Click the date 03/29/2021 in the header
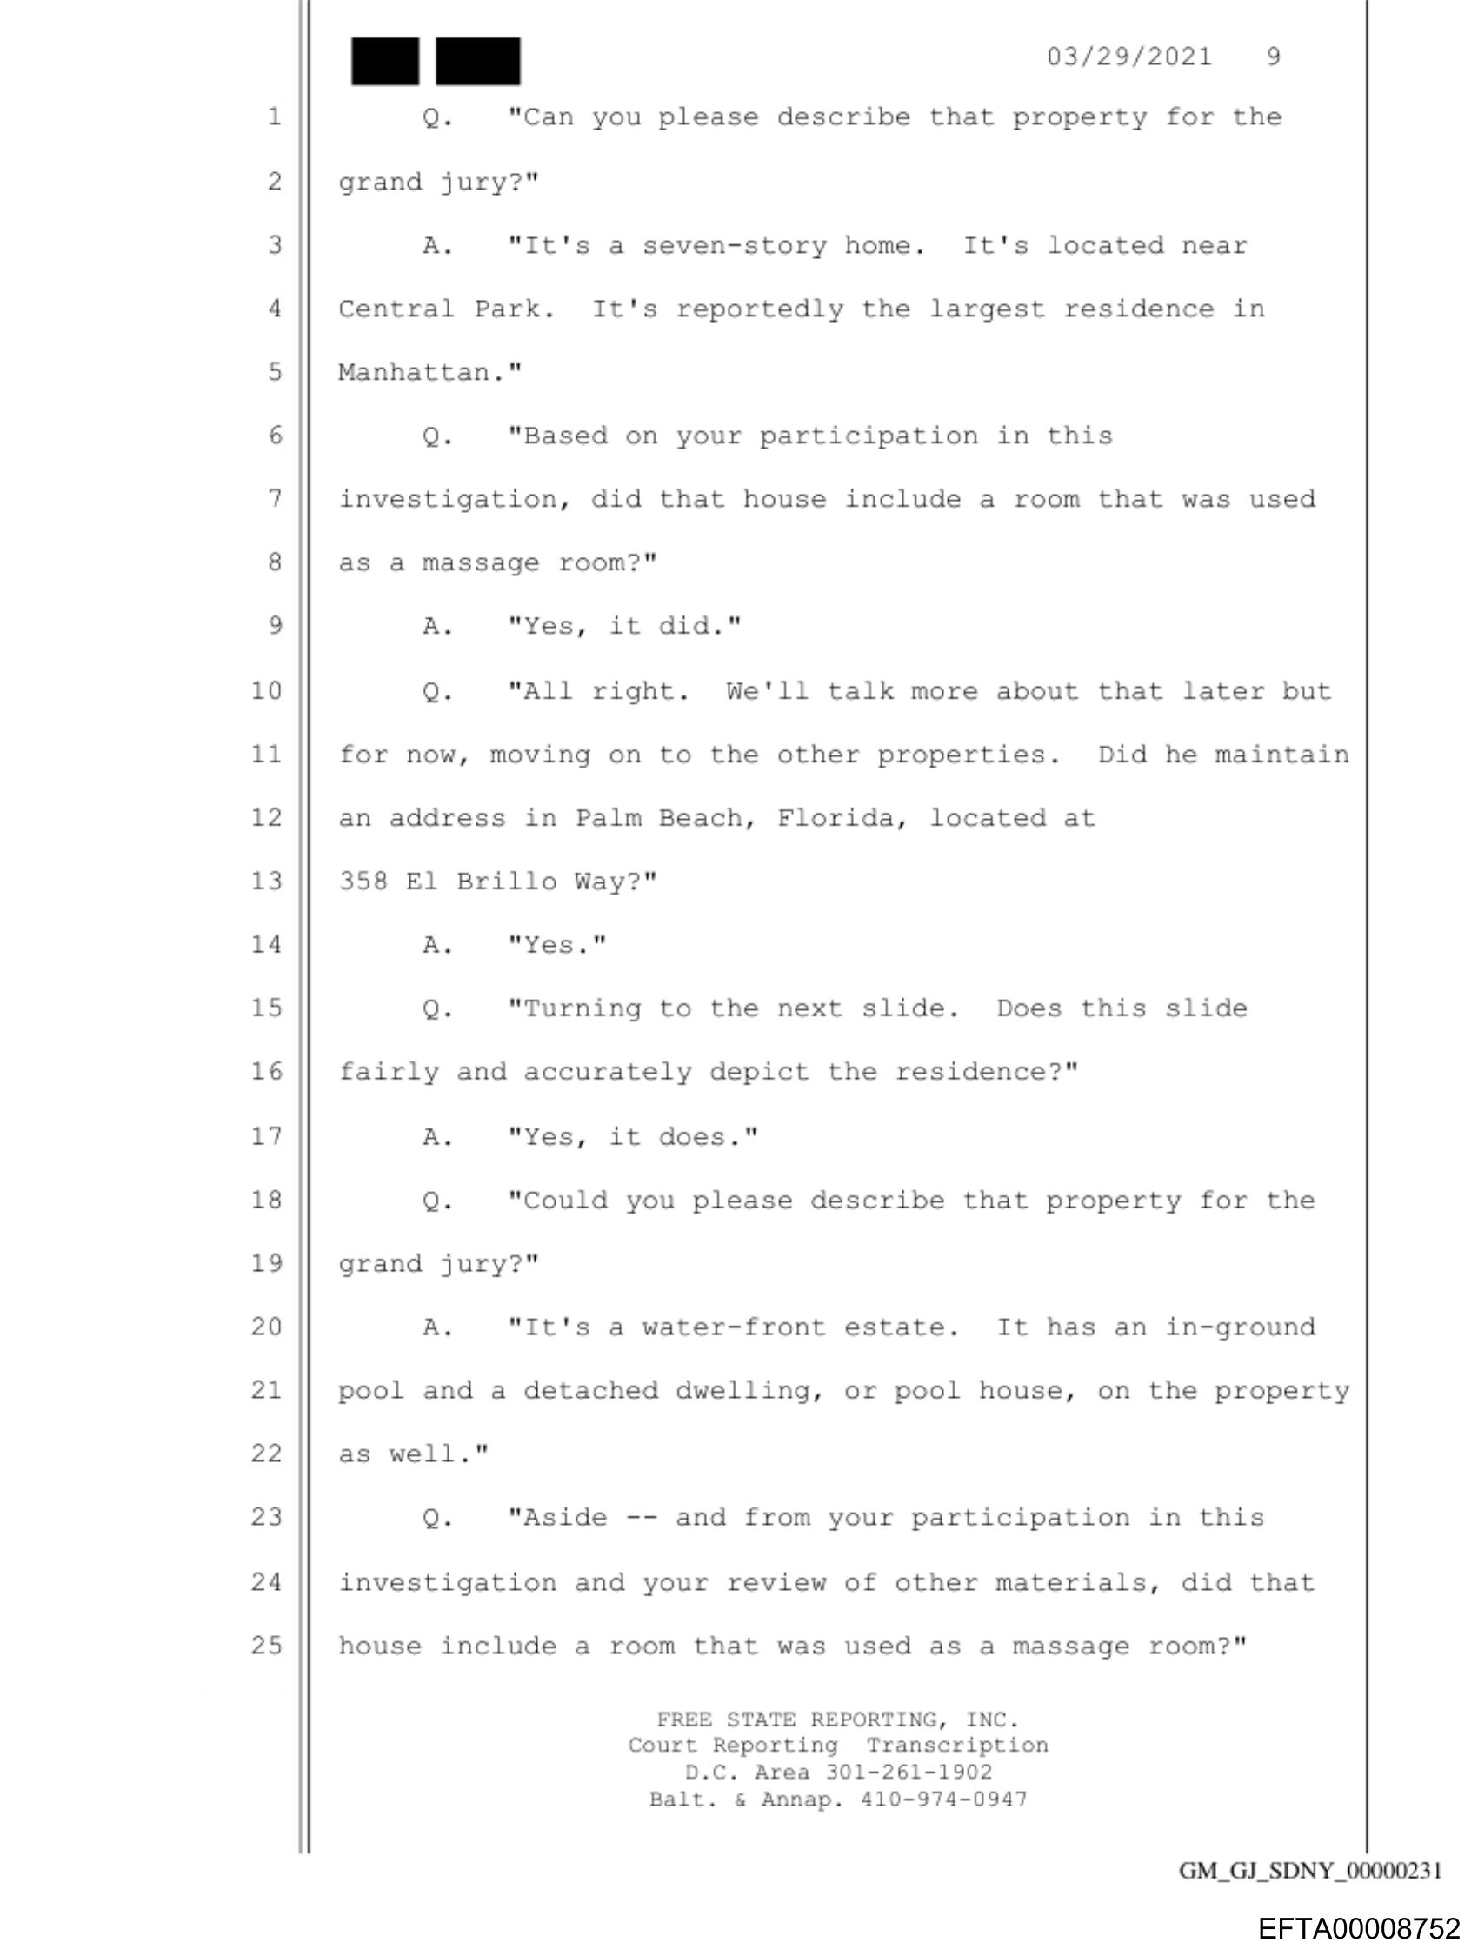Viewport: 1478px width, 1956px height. tap(1128, 57)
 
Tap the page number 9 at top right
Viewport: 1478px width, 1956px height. tap(1273, 57)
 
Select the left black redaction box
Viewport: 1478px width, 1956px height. tap(385, 62)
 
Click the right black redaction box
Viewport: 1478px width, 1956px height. tap(477, 62)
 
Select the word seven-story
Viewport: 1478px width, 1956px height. tap(734, 246)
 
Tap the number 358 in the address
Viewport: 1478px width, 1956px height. tap(363, 882)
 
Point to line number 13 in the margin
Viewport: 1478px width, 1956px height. tap(266, 882)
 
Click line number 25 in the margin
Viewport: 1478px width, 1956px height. tap(266, 1646)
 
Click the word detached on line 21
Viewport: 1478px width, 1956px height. tap(591, 1391)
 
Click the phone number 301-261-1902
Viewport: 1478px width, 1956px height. tap(909, 1773)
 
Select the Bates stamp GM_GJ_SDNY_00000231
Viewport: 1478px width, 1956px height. tap(1311, 1871)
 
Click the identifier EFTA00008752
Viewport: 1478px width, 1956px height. tap(1359, 1927)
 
